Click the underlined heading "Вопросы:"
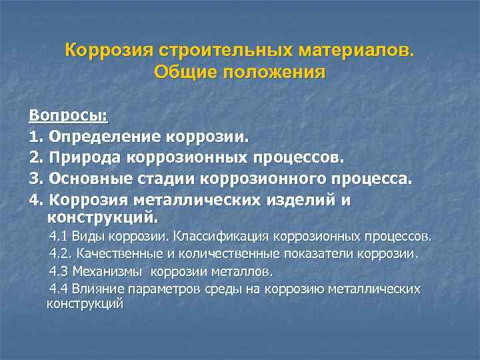[68, 115]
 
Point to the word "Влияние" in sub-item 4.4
[96, 289]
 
